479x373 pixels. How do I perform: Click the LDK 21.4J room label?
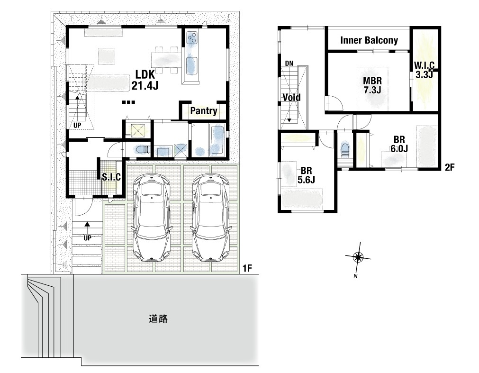pyautogui.click(x=145, y=80)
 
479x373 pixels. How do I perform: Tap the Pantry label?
pyautogui.click(x=203, y=110)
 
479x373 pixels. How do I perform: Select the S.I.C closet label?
pyautogui.click(x=111, y=177)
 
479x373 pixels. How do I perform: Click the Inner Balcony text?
pyautogui.click(x=369, y=40)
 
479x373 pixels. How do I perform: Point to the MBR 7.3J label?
pyautogui.click(x=372, y=85)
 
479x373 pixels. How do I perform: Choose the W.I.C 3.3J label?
pyautogui.click(x=424, y=70)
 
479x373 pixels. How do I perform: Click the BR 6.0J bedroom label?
pyautogui.click(x=399, y=144)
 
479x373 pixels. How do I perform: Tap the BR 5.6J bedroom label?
pyautogui.click(x=306, y=175)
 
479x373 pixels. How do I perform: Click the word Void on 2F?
pyautogui.click(x=291, y=98)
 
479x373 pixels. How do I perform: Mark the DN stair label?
pyautogui.click(x=289, y=63)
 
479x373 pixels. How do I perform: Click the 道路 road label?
pyautogui.click(x=158, y=319)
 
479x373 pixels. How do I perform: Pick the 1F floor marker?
pyautogui.click(x=247, y=268)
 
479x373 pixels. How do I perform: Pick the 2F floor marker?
pyautogui.click(x=450, y=167)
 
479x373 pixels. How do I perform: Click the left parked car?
pyautogui.click(x=151, y=217)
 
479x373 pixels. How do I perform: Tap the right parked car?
pyautogui.click(x=210, y=217)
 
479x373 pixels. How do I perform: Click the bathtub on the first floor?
pyautogui.click(x=217, y=139)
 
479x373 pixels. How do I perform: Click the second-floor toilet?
pyautogui.click(x=345, y=149)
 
